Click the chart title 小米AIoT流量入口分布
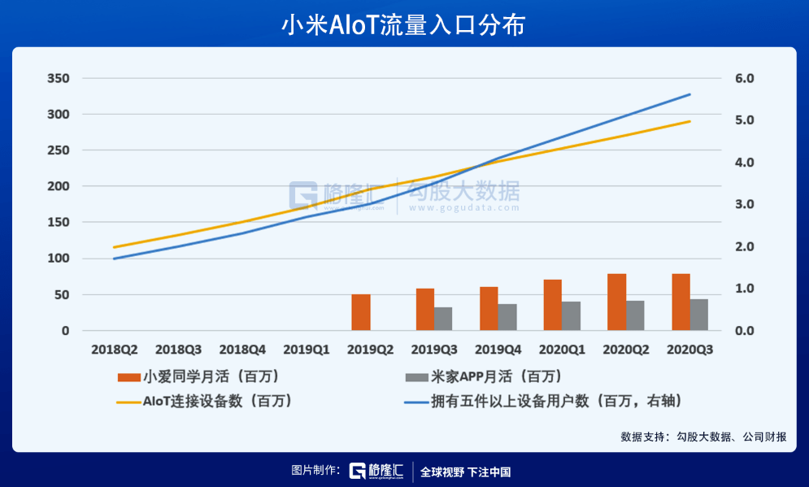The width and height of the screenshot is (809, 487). (x=403, y=24)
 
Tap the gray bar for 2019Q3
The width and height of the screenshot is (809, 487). (x=443, y=319)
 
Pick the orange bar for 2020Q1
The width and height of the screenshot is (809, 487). (x=553, y=305)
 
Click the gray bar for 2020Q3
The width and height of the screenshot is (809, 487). (x=699, y=315)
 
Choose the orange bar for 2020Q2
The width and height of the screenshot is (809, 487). (x=617, y=302)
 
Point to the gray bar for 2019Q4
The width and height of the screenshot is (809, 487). (x=507, y=317)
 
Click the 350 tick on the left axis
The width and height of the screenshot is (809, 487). (x=59, y=79)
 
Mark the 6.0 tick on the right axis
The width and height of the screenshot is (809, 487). (x=745, y=79)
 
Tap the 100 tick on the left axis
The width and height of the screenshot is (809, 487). (x=59, y=259)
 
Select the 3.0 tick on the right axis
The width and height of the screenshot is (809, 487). (x=745, y=205)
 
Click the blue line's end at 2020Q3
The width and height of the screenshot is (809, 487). (x=690, y=94)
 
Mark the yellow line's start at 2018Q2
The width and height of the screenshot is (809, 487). (x=115, y=247)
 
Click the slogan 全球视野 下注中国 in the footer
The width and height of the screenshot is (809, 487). (x=465, y=472)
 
